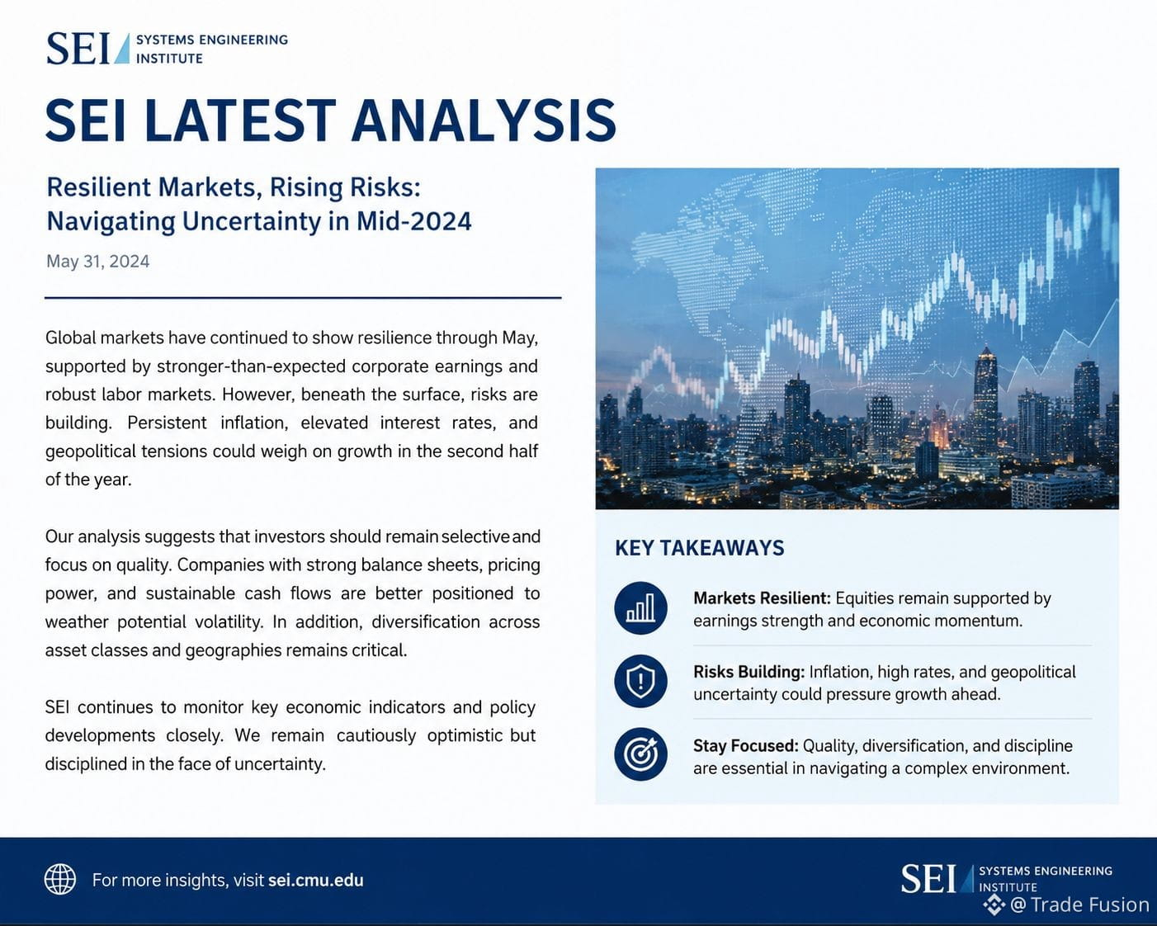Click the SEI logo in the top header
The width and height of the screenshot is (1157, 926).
pos(168,49)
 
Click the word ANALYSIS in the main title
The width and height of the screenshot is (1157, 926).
pos(484,120)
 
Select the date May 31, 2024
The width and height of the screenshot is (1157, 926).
pos(98,262)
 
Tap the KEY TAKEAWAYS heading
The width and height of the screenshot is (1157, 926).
pos(700,548)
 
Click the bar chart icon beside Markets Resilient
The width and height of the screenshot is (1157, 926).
pos(640,608)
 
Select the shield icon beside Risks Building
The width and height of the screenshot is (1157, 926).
pos(640,682)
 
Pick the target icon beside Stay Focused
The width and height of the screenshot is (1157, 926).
pos(640,754)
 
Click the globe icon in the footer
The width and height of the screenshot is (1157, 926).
pos(60,879)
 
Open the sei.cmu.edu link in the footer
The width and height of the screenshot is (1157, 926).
pos(315,881)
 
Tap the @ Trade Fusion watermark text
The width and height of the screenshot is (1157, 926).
pos(1079,905)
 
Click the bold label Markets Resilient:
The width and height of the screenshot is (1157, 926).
pos(762,598)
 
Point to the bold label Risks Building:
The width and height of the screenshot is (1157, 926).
pos(749,672)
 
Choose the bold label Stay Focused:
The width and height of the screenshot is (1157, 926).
pos(746,746)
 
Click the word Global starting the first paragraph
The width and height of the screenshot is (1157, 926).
pos(70,338)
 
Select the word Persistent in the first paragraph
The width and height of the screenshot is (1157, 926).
pos(167,423)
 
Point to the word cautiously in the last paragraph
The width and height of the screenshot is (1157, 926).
pos(375,735)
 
